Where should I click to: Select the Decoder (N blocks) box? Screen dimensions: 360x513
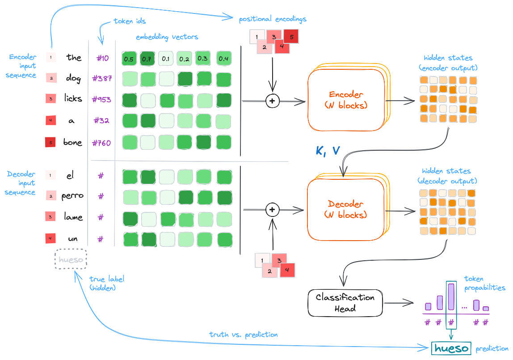click(346, 209)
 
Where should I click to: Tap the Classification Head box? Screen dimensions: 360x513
click(345, 303)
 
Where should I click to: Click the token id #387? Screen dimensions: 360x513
click(102, 79)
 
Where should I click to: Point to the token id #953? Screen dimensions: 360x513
click(101, 99)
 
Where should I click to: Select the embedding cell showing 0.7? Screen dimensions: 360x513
click(147, 59)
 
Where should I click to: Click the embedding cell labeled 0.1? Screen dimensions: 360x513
click(166, 59)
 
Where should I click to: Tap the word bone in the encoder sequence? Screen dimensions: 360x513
click(73, 143)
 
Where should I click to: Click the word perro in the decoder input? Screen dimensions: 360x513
click(72, 196)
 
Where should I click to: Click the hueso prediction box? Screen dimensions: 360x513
click(451, 348)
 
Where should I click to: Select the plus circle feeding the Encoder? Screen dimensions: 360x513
click(272, 101)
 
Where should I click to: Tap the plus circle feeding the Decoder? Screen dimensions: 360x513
click(272, 209)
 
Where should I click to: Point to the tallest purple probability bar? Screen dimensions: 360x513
click(451, 297)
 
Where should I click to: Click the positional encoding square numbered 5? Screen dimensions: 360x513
click(291, 37)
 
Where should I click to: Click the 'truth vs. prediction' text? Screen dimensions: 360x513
click(244, 335)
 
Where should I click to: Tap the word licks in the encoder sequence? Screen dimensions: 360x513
click(73, 99)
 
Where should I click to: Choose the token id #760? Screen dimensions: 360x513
click(102, 143)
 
